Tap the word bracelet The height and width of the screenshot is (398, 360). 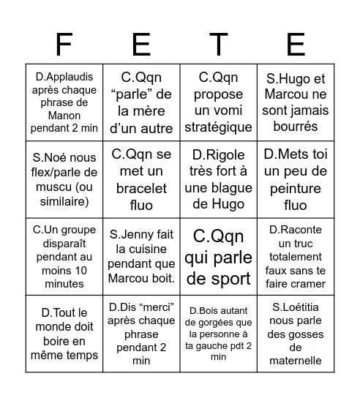point(141,188)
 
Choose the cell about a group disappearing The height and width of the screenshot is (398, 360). point(64,256)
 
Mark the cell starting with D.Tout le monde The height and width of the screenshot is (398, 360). point(64,334)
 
